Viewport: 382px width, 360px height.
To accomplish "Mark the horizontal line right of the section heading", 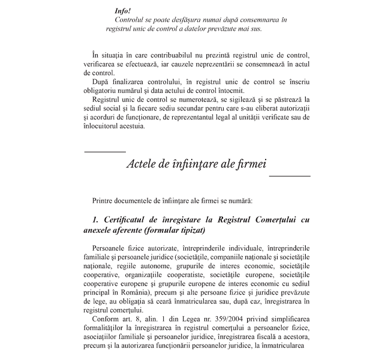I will [x=290, y=176].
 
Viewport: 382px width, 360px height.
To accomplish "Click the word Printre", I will [x=104, y=199].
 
